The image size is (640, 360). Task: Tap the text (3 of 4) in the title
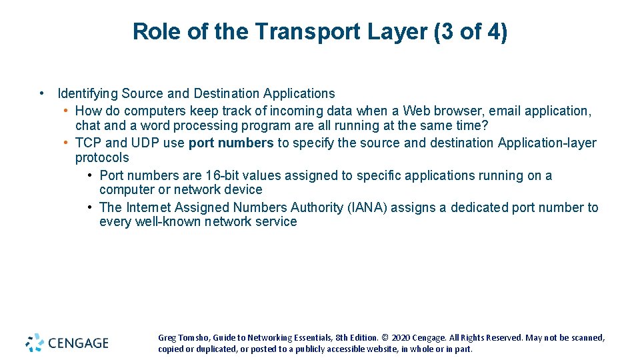470,31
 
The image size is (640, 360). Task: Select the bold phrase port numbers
231,143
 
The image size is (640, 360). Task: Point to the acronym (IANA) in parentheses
367,207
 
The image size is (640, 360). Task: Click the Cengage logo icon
35,343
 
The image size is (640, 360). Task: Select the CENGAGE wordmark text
78,343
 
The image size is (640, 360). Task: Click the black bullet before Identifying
42,93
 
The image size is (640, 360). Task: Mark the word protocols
102,157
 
